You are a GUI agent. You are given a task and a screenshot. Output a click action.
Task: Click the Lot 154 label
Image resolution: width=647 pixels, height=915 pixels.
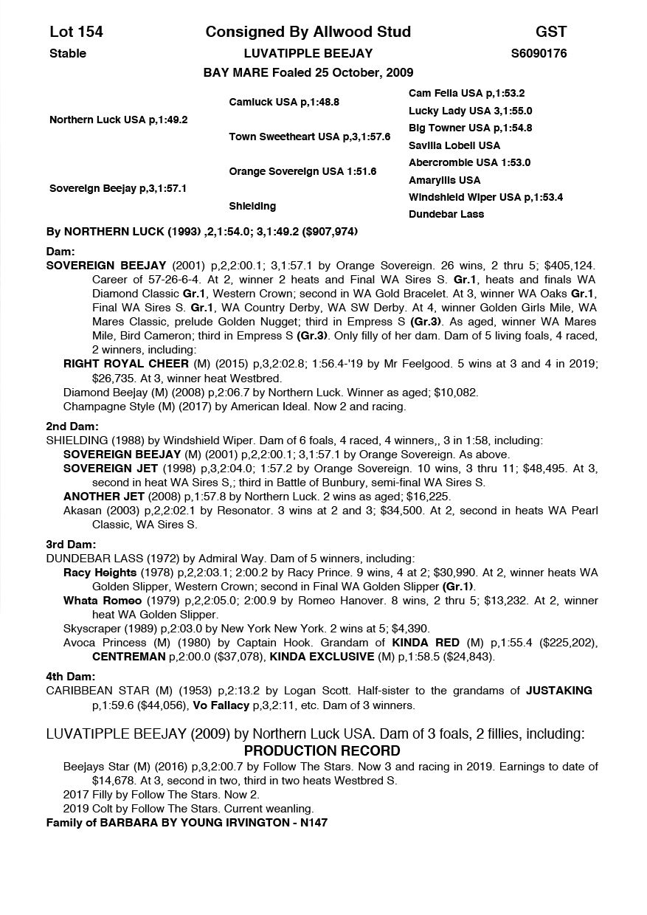click(x=76, y=32)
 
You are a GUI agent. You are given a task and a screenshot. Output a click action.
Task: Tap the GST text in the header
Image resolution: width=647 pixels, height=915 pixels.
click(x=551, y=32)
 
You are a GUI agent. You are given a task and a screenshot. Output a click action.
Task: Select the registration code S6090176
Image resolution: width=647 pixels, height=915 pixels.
click(x=539, y=53)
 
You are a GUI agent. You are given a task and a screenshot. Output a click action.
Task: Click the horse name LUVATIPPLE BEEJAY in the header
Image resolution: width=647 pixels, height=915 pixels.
click(x=308, y=53)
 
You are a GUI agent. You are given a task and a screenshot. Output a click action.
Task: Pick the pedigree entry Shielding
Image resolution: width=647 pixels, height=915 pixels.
click(x=252, y=206)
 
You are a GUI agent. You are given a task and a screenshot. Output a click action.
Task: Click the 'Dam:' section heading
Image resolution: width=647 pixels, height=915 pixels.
click(x=60, y=252)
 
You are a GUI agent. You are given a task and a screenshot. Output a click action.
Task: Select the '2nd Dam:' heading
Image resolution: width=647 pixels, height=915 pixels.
click(x=72, y=427)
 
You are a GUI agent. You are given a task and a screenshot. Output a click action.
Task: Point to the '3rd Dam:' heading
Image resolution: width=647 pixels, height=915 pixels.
click(x=72, y=545)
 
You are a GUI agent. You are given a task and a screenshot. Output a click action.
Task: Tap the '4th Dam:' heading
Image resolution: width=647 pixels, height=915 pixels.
click(x=71, y=677)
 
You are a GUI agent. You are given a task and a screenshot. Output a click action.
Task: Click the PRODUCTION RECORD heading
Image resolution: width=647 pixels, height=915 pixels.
click(x=322, y=751)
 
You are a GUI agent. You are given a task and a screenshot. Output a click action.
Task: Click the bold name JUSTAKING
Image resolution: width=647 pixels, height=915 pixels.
click(x=558, y=691)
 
